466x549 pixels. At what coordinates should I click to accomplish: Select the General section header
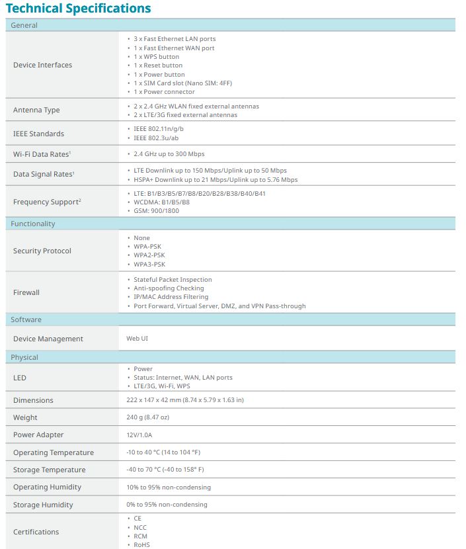point(24,25)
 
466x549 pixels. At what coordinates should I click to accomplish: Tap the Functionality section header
point(33,224)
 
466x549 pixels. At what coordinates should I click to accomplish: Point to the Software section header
point(26,319)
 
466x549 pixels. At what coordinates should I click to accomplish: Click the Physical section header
point(24,357)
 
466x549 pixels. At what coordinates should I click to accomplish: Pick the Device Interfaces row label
point(42,65)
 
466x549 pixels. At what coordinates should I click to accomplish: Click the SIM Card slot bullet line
point(182,83)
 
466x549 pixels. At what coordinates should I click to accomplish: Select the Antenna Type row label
point(36,110)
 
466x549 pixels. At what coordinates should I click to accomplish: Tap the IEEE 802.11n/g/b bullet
point(159,128)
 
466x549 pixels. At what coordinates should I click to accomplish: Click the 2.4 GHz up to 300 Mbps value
point(169,153)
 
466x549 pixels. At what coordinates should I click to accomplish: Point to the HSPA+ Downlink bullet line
point(215,179)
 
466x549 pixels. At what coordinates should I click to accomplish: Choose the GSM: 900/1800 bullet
point(156,210)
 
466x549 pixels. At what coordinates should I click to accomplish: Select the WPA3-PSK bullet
point(149,264)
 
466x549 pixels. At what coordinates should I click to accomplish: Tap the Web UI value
point(137,339)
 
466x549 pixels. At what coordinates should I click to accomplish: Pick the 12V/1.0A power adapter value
point(143,435)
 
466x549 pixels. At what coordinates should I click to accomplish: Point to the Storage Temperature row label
point(49,470)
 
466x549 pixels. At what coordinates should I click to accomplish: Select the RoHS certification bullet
point(141,544)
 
